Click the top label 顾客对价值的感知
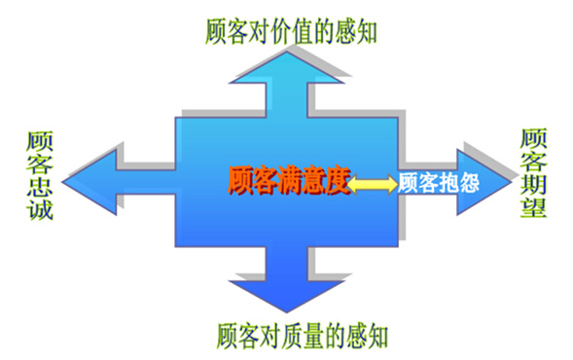292,30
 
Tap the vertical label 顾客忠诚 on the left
40,175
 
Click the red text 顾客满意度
288,181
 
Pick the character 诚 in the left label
40,209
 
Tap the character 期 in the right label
533,185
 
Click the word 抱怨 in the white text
455,182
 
